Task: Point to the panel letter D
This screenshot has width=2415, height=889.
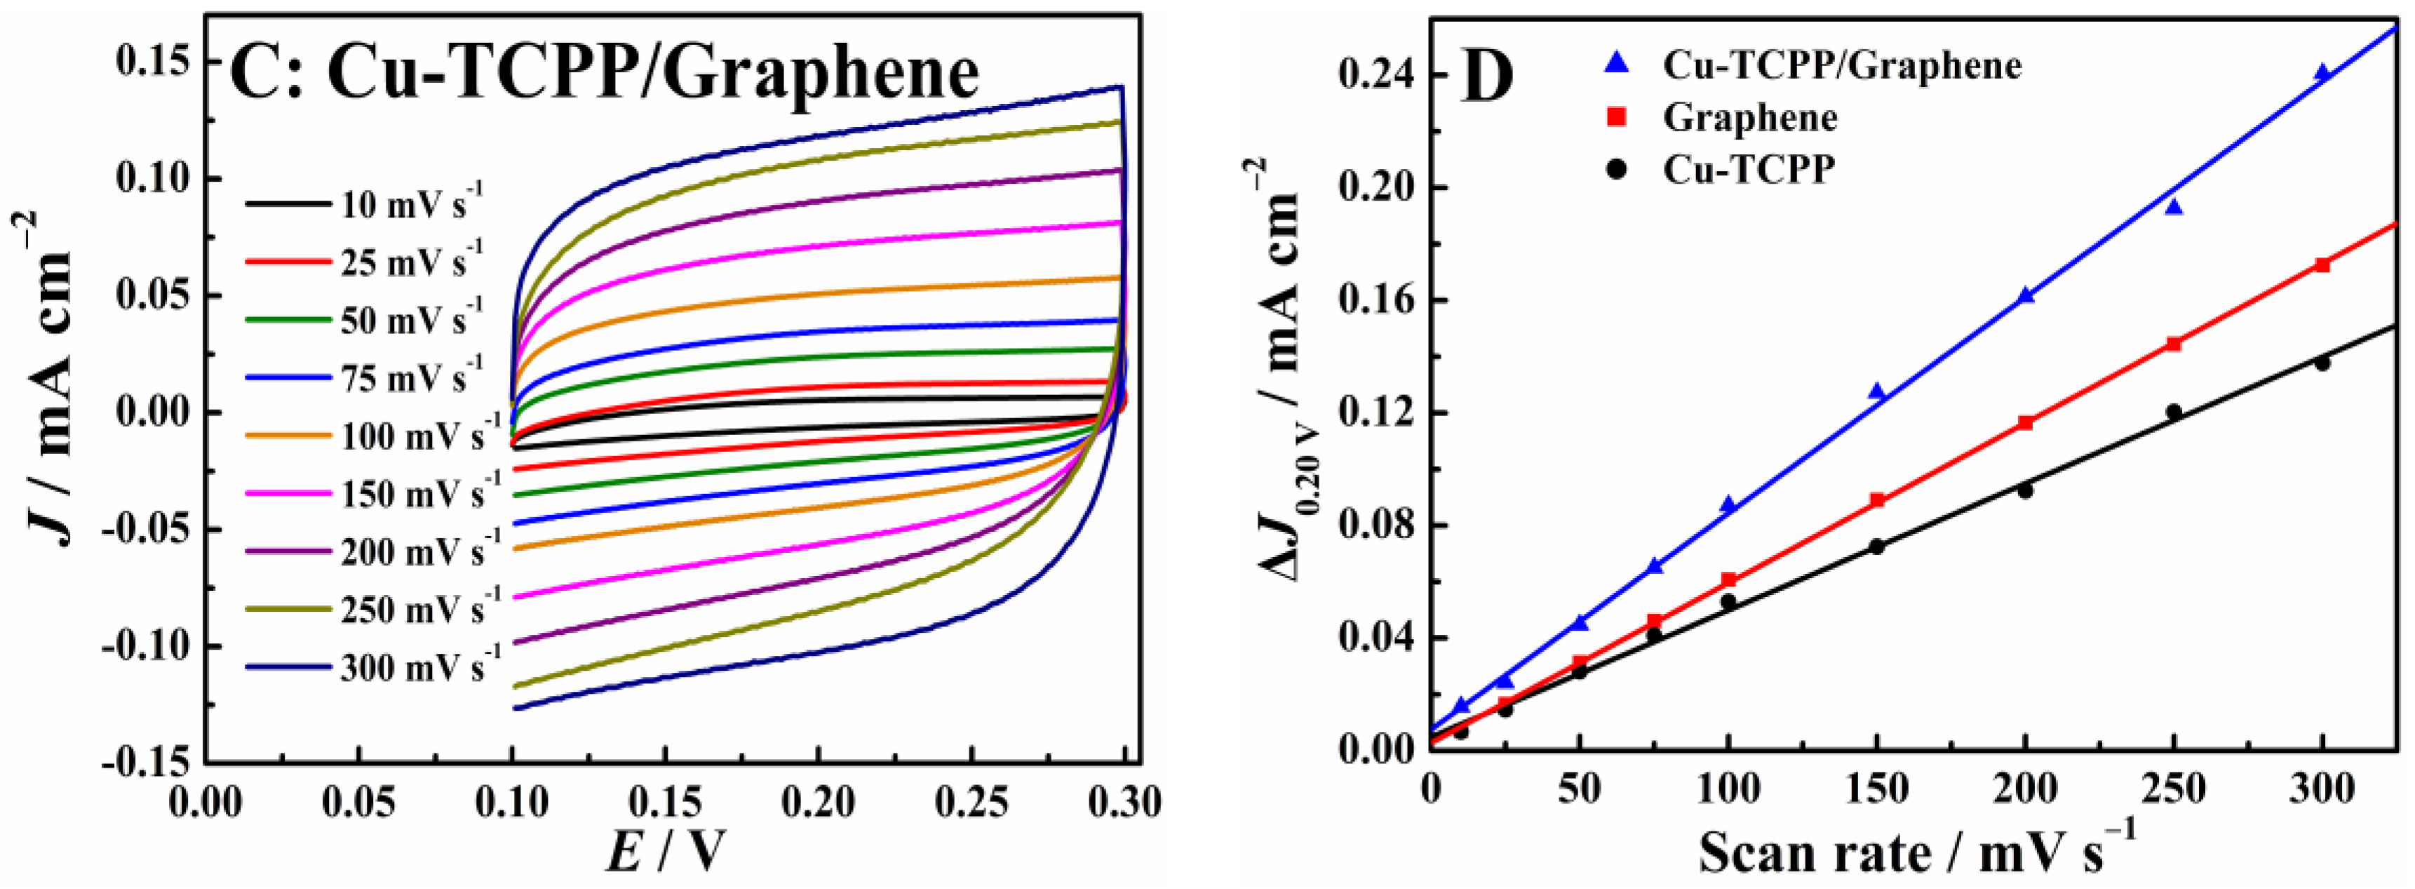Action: (1488, 77)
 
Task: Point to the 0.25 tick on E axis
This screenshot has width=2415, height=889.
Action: (972, 803)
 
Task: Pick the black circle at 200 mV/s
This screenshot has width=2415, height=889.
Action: (2025, 490)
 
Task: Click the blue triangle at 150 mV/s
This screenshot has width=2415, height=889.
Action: (1877, 391)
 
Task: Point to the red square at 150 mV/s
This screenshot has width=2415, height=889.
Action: (1877, 500)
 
